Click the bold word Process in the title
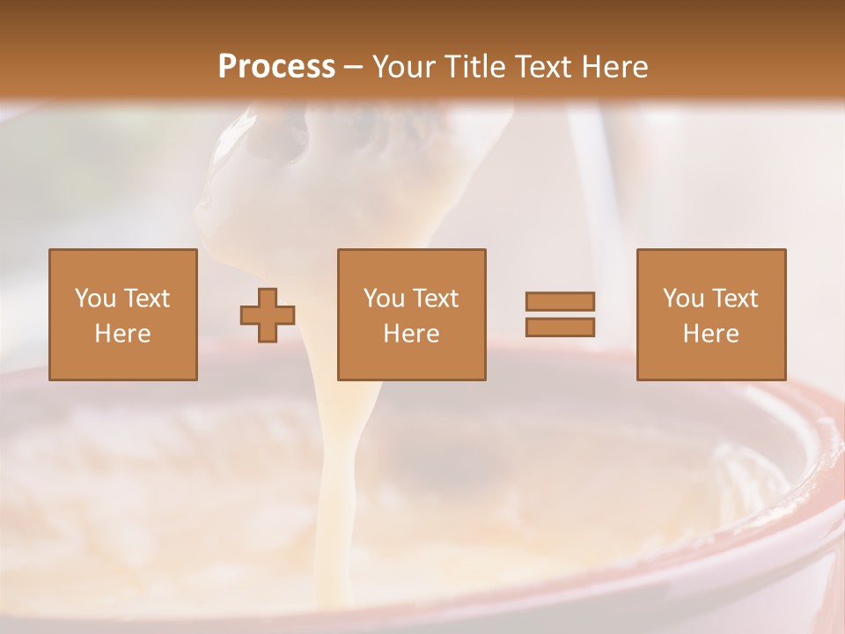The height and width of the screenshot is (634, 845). (276, 67)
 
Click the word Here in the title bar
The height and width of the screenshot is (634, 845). (615, 67)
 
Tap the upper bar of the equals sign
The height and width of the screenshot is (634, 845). (560, 301)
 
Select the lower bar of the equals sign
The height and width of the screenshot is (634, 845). (560, 328)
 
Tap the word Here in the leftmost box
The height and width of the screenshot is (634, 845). (123, 334)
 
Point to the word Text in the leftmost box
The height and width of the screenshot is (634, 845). (146, 299)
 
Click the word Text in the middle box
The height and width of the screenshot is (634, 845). (435, 299)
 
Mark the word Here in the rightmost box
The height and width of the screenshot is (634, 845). (711, 334)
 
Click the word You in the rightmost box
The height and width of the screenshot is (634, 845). (683, 299)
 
